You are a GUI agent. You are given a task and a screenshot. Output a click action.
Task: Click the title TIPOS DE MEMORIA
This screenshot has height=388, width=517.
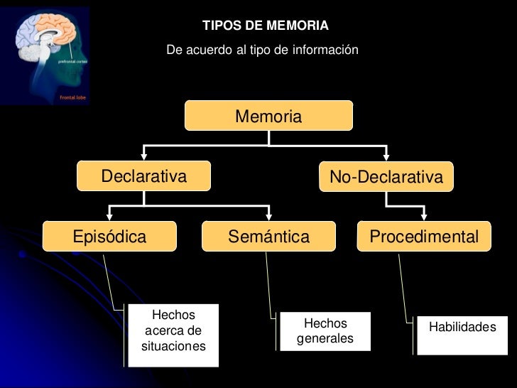(266, 26)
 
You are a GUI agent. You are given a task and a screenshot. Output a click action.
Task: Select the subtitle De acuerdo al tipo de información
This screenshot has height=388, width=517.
(262, 50)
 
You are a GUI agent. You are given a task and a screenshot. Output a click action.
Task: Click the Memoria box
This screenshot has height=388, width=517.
(268, 116)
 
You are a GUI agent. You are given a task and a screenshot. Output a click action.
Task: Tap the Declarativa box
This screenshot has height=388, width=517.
(144, 176)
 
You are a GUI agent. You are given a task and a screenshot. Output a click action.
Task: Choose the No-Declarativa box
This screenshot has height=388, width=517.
(386, 177)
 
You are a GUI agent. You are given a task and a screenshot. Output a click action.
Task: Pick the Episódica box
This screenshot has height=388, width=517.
(109, 237)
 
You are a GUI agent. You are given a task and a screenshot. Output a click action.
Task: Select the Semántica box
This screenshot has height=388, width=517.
(268, 237)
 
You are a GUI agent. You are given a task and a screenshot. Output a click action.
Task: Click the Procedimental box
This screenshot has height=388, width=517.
(424, 237)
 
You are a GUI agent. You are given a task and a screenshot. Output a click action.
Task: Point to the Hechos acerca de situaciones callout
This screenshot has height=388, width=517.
(173, 331)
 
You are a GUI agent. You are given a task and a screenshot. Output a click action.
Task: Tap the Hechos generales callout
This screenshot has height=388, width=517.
(325, 331)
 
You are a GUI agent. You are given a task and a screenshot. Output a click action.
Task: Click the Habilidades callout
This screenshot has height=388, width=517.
(462, 328)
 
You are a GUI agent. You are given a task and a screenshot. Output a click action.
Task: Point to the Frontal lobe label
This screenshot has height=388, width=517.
(72, 97)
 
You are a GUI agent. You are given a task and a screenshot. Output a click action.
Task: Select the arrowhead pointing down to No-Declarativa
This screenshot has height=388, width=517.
(386, 156)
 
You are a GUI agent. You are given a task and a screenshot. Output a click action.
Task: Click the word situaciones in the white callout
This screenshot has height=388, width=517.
(173, 347)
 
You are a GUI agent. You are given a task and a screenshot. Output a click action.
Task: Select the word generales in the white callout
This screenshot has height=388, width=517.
(325, 339)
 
